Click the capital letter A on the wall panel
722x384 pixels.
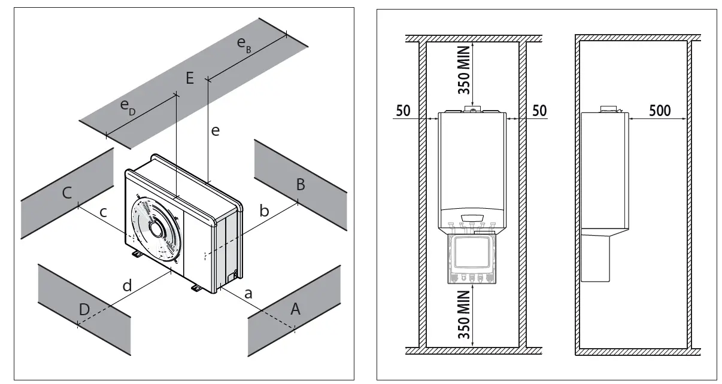pos(295,309)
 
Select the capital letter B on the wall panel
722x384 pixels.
pos(301,185)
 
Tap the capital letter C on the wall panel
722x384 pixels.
pos(67,193)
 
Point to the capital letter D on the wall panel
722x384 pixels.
pos(84,309)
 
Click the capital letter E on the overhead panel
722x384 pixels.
pos(190,78)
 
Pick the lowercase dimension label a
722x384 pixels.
pos(248,293)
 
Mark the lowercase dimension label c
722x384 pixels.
pos(103,212)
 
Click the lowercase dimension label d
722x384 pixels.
pos(127,286)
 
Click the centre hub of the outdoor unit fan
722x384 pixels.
pos(157,229)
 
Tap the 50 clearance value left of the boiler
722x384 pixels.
pos(403,111)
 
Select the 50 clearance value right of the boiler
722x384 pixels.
pos(539,111)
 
